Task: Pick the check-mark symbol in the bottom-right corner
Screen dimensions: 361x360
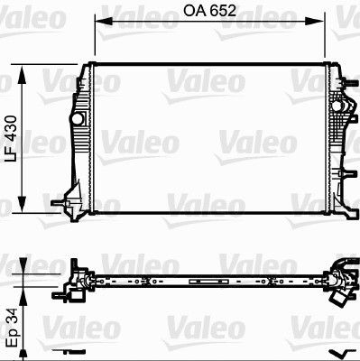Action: coord(337,352)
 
